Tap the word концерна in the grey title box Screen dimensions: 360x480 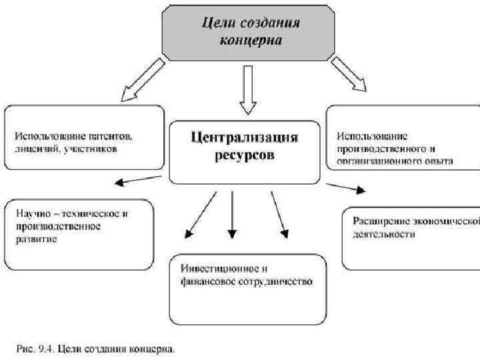pyautogui.click(x=251, y=40)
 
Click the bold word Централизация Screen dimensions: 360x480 pyautogui.click(x=245, y=138)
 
